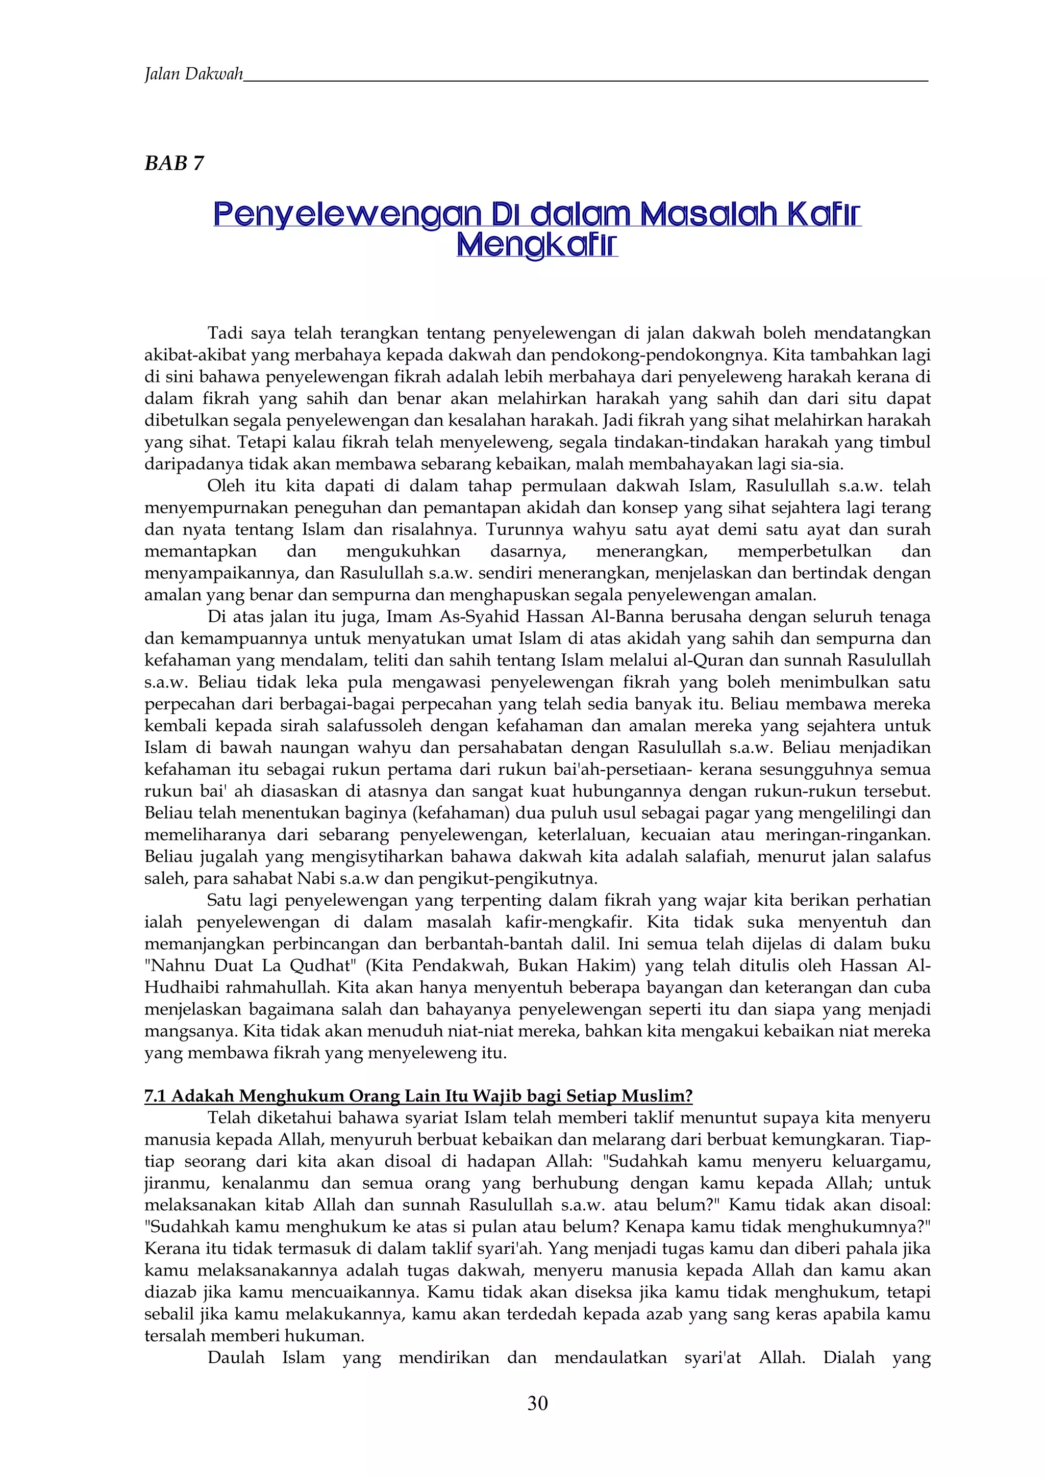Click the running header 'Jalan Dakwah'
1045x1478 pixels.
point(194,74)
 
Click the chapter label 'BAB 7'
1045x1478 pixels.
point(174,164)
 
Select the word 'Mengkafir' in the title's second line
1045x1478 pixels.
point(537,245)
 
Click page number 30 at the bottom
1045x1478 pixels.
point(537,1404)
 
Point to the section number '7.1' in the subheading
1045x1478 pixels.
point(155,1095)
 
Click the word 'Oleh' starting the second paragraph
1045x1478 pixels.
point(224,486)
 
